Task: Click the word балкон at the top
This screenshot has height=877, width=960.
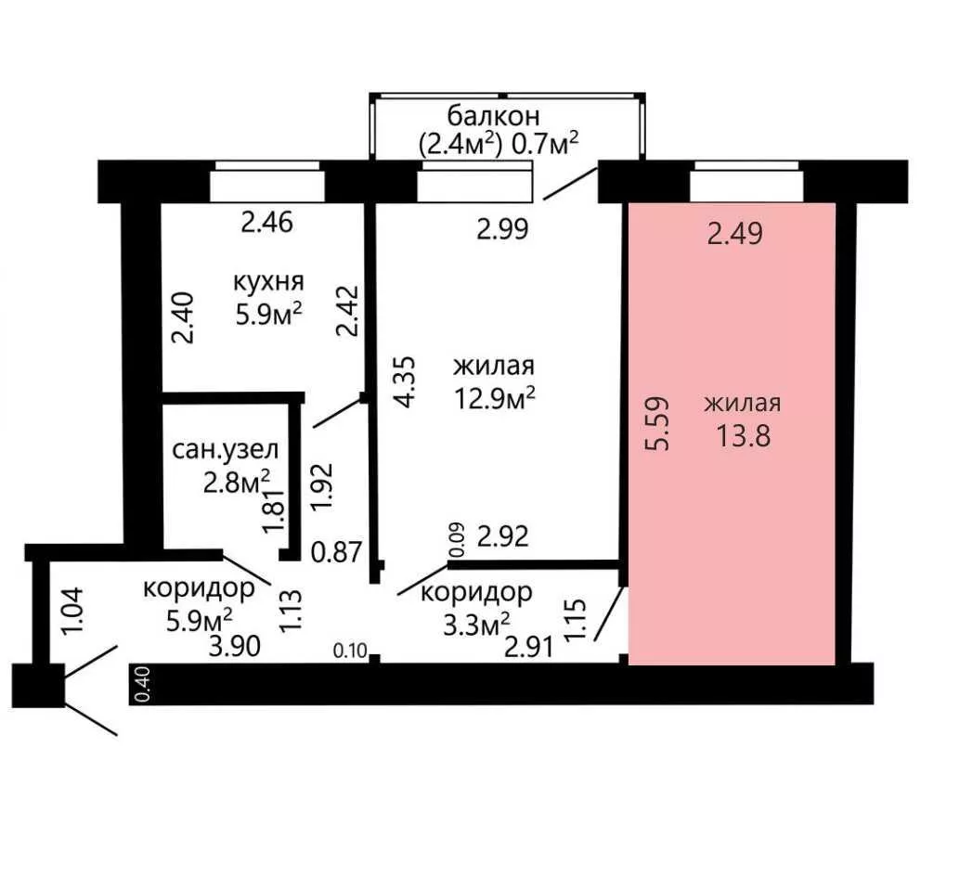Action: (494, 115)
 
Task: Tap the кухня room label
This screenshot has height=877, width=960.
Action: (268, 282)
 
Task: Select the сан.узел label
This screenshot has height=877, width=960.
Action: (226, 450)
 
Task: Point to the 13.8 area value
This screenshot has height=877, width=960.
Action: (744, 437)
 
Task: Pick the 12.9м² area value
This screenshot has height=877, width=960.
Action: (495, 398)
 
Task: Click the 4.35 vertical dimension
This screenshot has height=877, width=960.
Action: (406, 382)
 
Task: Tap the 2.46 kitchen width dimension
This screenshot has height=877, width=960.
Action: (267, 222)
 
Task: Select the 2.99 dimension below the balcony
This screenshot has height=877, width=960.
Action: (502, 229)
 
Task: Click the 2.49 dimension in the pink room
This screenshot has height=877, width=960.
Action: (734, 234)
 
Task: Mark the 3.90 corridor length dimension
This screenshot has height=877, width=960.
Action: (235, 646)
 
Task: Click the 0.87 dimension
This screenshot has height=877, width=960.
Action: (337, 552)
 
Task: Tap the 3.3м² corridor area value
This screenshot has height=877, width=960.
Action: (476, 625)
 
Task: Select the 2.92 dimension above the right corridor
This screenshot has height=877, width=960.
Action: (502, 536)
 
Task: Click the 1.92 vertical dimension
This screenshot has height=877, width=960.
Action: (322, 487)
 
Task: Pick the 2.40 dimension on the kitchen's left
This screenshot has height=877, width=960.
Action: (183, 318)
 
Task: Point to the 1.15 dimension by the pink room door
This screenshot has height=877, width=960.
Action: (577, 621)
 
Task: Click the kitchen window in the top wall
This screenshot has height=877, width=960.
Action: (267, 182)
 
